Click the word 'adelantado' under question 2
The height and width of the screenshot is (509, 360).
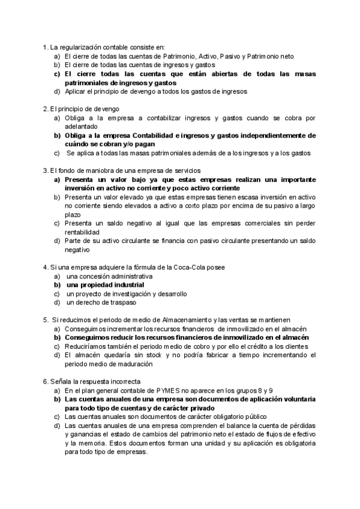point(80,127)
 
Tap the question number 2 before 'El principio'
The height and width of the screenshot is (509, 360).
point(45,109)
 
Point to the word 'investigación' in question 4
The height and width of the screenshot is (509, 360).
point(134,294)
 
